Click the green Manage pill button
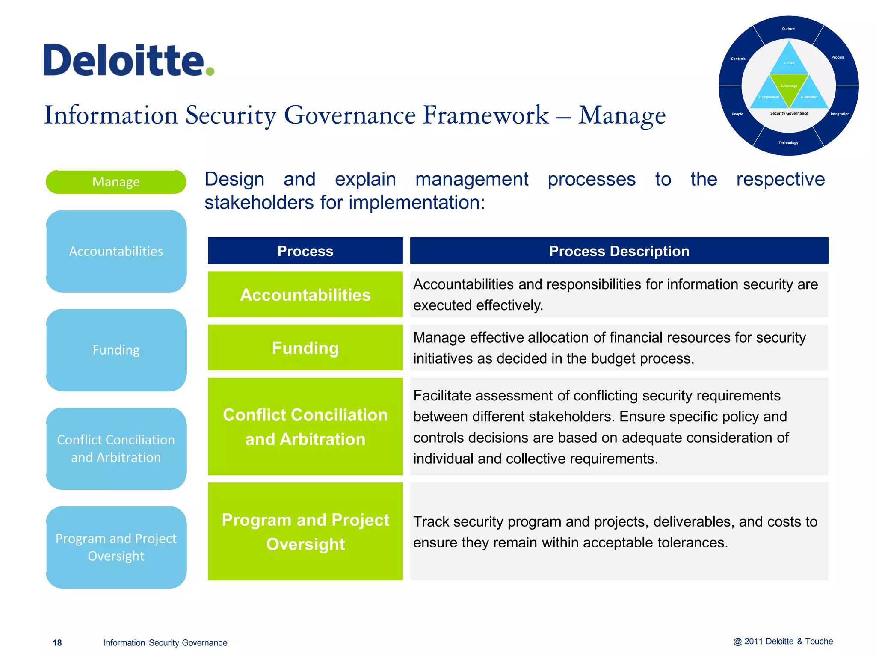[116, 182]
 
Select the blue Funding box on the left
[116, 350]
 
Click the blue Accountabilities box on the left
[116, 251]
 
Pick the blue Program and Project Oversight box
[116, 547]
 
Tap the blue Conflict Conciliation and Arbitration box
[116, 448]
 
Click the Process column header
[305, 251]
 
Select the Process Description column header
[619, 251]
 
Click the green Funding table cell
[305, 348]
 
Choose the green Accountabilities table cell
[305, 295]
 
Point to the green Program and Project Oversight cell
[305, 532]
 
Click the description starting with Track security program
[615, 532]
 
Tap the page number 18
[57, 642]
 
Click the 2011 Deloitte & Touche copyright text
[783, 641]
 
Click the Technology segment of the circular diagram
[788, 143]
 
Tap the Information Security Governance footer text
[165, 642]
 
